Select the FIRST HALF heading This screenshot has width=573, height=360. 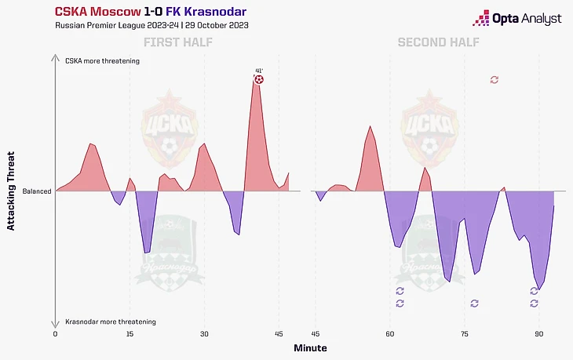pos(177,42)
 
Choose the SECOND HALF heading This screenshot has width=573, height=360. pos(434,42)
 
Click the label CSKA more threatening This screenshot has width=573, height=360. pos(102,60)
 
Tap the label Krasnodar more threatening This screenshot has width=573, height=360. pos(111,322)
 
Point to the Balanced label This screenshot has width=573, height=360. pos(37,191)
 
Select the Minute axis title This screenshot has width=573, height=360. pos(310,347)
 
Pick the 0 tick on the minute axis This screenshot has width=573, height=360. pos(55,333)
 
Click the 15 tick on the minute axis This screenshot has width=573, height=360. pos(130,333)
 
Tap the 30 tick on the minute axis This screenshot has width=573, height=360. pos(204,333)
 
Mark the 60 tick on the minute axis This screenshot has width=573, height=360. pos(390,333)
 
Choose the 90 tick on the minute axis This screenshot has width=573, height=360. pos(538,333)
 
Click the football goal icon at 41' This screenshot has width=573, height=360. pos(259,79)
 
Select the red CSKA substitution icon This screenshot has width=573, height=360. pos(494,80)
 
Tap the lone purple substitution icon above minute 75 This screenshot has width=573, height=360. pos(473,303)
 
